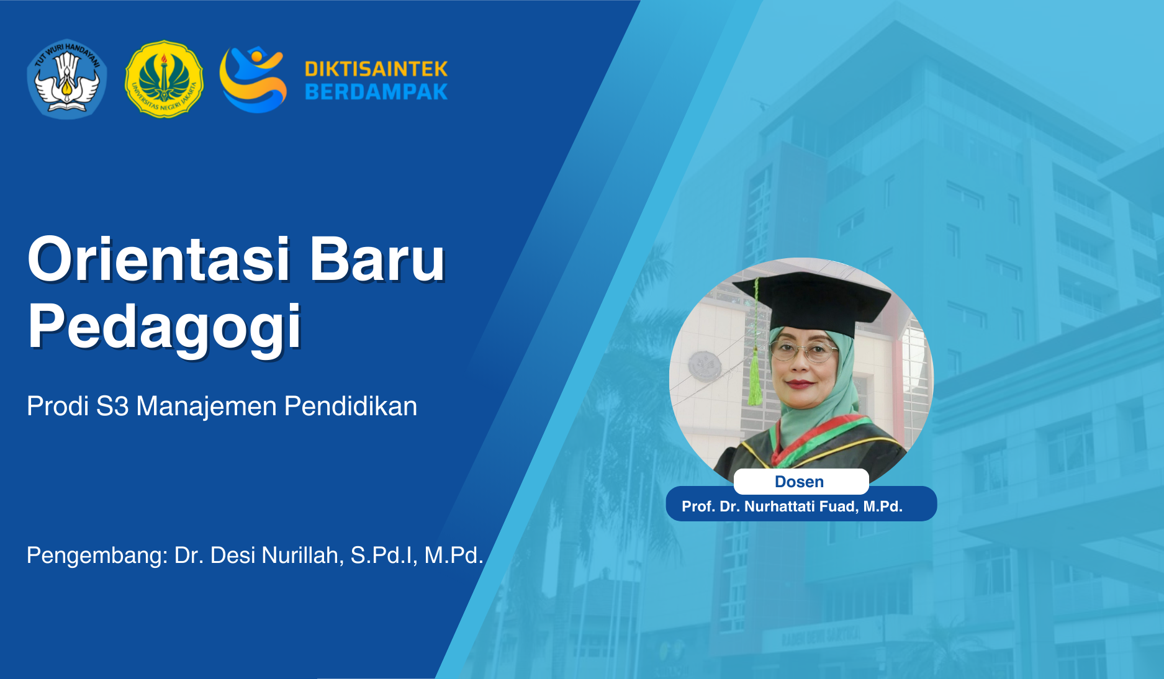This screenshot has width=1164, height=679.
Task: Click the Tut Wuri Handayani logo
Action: [67, 79]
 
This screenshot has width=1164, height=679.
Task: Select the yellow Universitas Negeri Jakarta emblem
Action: [164, 79]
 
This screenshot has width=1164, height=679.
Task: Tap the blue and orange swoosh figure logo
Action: [253, 79]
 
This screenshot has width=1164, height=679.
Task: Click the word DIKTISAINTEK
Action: [376, 68]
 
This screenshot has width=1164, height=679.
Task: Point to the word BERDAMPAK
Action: [376, 92]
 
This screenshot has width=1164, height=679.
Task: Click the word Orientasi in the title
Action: [158, 259]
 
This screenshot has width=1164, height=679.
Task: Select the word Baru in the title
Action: [377, 259]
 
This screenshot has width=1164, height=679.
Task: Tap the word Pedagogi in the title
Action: [165, 327]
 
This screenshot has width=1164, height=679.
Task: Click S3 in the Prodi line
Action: [112, 407]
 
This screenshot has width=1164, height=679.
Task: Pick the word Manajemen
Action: [206, 407]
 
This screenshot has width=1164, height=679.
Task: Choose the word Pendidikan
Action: [351, 407]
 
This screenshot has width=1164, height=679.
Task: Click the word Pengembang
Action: [97, 555]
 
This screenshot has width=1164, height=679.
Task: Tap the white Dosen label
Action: [800, 482]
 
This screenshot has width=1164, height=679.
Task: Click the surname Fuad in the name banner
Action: [839, 506]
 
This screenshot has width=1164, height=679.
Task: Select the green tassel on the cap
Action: [755, 379]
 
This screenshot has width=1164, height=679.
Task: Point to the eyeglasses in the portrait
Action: [804, 351]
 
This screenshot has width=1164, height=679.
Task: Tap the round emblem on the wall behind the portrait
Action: [705, 366]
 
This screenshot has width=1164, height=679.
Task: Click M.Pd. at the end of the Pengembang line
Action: [453, 555]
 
